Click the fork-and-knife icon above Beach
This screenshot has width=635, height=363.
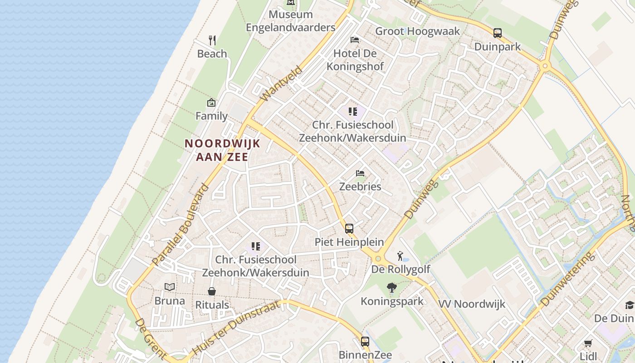(x=212, y=40)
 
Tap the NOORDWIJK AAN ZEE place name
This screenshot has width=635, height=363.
(x=222, y=150)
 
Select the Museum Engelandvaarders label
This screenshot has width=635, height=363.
(x=291, y=21)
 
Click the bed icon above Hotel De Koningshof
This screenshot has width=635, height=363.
(x=355, y=40)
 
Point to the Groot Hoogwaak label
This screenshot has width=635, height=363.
(x=417, y=31)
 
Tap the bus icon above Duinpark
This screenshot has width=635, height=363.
(x=498, y=33)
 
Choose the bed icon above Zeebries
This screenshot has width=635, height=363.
(x=360, y=173)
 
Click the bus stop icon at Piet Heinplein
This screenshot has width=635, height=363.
(x=349, y=229)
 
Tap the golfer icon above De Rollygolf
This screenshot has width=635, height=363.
(x=400, y=256)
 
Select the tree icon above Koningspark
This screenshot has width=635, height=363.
(x=391, y=288)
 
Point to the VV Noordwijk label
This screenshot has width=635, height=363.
(x=472, y=304)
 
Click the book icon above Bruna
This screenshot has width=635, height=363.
(x=170, y=287)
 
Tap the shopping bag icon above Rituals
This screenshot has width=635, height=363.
(x=212, y=291)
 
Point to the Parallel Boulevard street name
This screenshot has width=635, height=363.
(x=181, y=225)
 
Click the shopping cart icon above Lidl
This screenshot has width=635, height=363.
(x=588, y=343)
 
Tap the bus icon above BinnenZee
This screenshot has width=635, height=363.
(x=365, y=341)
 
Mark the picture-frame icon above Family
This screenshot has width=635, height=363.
(x=211, y=103)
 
